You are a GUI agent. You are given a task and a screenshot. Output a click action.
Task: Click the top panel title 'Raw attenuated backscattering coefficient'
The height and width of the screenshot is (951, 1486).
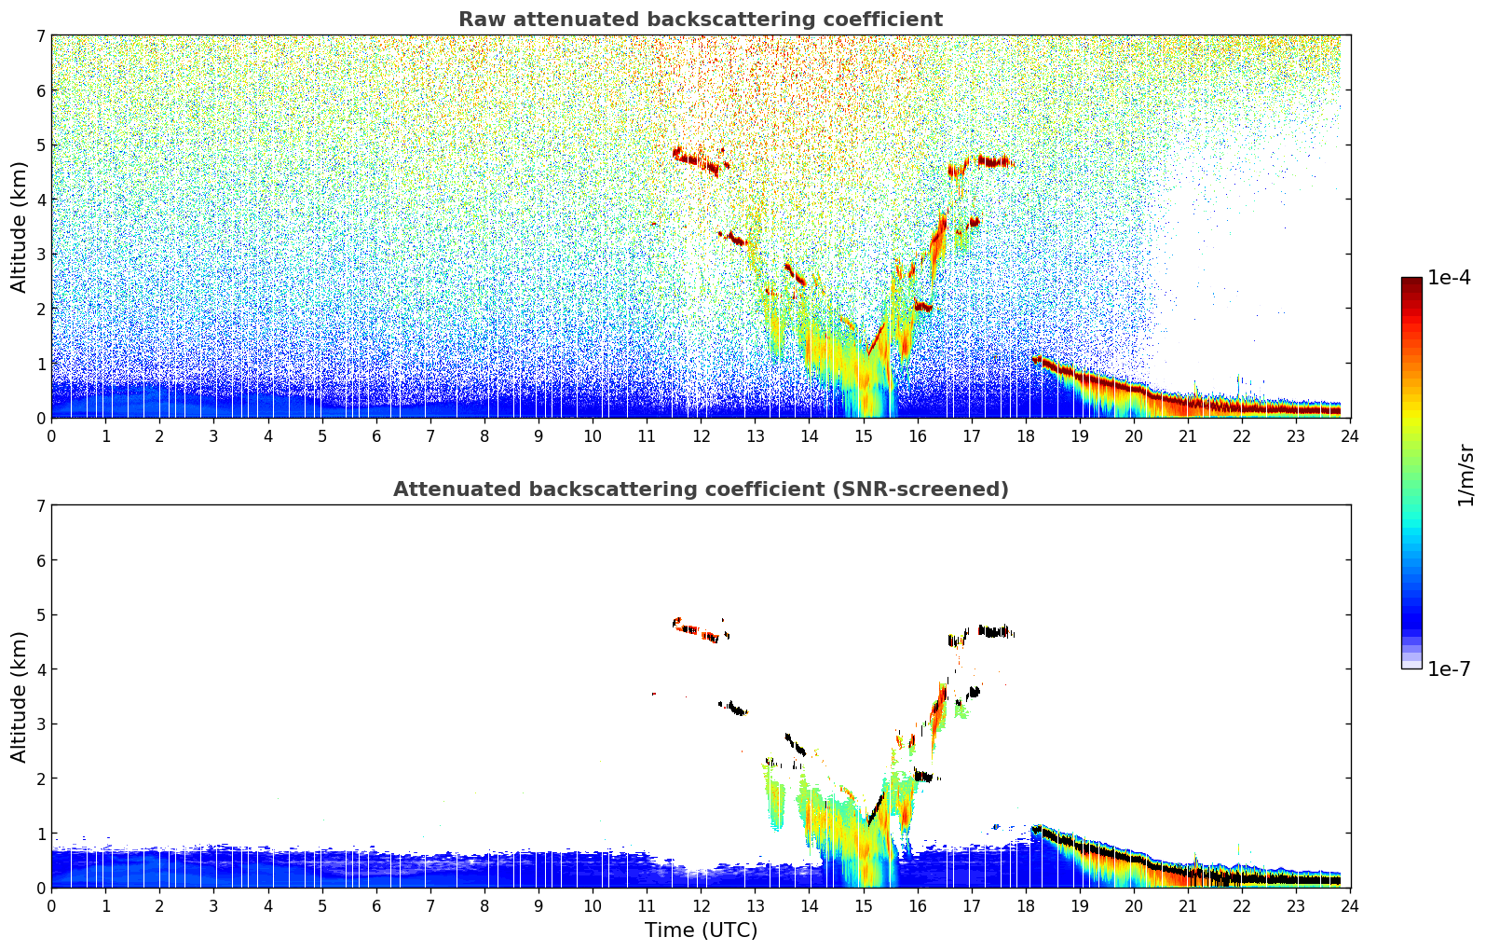(x=700, y=20)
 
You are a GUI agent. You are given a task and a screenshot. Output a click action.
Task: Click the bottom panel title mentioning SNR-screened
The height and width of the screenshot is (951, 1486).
(x=700, y=489)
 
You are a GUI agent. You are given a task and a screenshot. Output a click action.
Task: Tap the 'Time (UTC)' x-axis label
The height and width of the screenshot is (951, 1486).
(x=701, y=930)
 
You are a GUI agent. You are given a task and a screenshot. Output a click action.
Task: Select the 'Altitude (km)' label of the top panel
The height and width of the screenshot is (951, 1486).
(x=20, y=227)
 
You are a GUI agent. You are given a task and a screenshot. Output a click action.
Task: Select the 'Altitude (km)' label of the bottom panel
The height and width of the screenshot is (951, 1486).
(x=20, y=696)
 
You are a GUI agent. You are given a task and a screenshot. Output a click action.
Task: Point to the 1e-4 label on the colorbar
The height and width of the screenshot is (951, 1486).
(x=1449, y=278)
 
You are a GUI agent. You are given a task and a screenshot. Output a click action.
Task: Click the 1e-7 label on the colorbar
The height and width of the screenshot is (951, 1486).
(x=1449, y=669)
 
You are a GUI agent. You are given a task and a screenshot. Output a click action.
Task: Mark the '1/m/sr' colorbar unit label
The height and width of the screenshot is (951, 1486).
(x=1466, y=475)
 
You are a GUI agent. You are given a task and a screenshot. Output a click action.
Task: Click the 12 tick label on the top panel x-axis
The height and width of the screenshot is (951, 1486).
(x=701, y=436)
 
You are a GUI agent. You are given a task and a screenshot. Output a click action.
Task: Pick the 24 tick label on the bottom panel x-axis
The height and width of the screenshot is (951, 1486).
(x=1350, y=906)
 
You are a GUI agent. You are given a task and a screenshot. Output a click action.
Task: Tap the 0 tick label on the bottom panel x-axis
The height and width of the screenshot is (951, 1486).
(x=51, y=906)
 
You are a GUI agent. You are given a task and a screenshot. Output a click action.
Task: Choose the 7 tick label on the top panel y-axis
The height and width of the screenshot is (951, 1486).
(x=41, y=35)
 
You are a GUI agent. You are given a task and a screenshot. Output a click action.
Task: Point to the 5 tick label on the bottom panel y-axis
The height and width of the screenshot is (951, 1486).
(x=41, y=614)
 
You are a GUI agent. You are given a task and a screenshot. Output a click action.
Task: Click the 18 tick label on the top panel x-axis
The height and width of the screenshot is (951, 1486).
(x=1026, y=436)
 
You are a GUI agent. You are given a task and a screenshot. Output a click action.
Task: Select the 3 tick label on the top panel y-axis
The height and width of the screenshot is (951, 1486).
(x=41, y=254)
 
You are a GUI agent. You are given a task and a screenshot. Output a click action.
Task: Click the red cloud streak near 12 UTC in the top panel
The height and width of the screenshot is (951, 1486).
(x=696, y=160)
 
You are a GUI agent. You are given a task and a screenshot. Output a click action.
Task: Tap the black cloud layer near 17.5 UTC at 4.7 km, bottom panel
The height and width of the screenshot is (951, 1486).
(x=995, y=632)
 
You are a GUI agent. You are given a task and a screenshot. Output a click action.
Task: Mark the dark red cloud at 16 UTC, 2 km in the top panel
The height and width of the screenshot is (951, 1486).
(x=922, y=306)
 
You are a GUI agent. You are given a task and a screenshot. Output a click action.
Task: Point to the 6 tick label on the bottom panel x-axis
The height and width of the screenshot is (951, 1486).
(x=376, y=906)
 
